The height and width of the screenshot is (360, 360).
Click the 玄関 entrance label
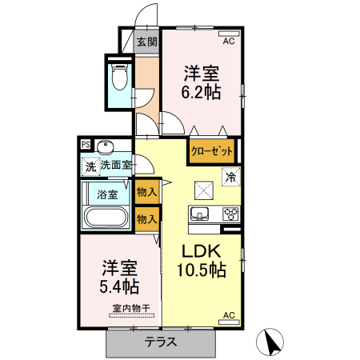[x=146, y=42]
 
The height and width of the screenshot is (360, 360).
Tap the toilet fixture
[x=119, y=78]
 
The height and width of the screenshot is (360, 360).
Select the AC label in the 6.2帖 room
[x=228, y=41]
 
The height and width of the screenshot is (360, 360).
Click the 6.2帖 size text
[x=202, y=92]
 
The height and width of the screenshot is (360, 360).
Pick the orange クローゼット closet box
[x=212, y=150]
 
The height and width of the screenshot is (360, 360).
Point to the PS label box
[x=86, y=145]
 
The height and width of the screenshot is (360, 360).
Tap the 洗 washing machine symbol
[x=90, y=166]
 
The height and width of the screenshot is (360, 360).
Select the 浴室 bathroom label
[x=107, y=194]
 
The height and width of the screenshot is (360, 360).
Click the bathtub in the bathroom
[x=105, y=218]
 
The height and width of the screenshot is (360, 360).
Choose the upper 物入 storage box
[x=146, y=192]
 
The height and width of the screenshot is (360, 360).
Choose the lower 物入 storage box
[x=146, y=218]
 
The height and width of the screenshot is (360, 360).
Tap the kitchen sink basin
[x=200, y=214]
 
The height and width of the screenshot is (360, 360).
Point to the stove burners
[x=230, y=214]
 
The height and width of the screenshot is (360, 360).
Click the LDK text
[x=200, y=248]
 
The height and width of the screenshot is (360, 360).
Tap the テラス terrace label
[x=161, y=342]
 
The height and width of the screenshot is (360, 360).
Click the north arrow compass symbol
[x=270, y=342]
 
